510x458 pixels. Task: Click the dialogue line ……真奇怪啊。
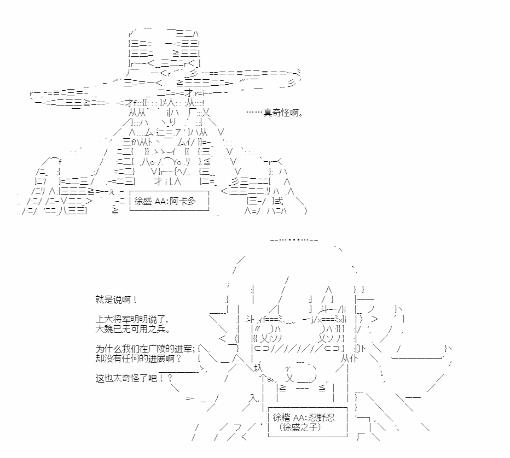pos(275,113)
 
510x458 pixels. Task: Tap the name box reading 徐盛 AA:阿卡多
pos(169,201)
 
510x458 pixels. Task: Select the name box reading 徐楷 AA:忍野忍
pos(308,422)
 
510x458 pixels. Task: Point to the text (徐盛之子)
pos(300,427)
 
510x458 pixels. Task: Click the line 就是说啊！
pos(116,300)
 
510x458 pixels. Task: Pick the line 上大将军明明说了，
pos(132,319)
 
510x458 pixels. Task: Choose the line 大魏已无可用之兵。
pos(133,329)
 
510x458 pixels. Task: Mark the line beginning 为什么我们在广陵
pos(145,349)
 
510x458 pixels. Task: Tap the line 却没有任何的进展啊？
pos(138,359)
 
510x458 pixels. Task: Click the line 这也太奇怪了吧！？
pos(134,378)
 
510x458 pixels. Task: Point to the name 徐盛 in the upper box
pos(143,201)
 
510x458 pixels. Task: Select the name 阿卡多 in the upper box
pos(183,201)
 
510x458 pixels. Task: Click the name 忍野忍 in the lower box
pos(321,418)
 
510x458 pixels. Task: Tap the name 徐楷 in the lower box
pos(281,418)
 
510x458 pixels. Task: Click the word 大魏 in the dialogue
pos(104,329)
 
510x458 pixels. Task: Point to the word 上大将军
pos(113,319)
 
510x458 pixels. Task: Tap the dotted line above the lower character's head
pos(294,240)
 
